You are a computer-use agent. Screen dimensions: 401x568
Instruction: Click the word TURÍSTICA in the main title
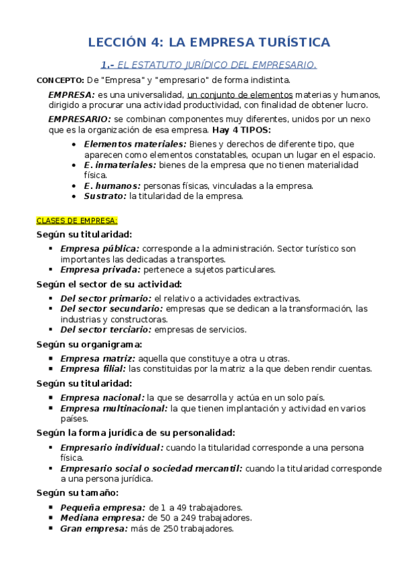coord(293,42)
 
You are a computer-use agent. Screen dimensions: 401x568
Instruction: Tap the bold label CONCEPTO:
coord(58,80)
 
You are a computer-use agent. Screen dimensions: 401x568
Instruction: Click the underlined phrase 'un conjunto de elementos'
coord(230,94)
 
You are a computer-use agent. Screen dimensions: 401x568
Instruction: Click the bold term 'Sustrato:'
coord(105,196)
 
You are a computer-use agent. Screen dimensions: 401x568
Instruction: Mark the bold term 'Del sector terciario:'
coord(106,329)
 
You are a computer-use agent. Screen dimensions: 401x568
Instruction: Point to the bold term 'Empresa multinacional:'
coord(114,407)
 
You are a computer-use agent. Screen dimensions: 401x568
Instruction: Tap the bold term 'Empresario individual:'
coord(111,447)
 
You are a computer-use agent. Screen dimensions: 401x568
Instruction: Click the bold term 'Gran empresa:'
coord(93,528)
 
